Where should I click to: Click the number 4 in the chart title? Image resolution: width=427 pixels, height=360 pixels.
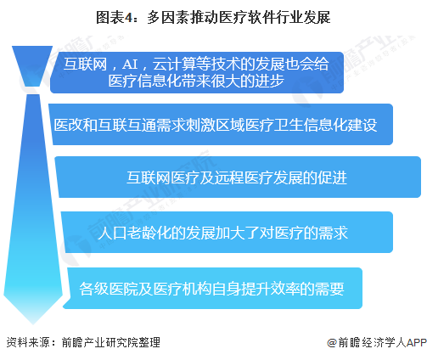pyautogui.click(x=128, y=18)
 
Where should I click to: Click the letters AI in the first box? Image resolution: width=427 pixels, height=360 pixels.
pyautogui.click(x=130, y=65)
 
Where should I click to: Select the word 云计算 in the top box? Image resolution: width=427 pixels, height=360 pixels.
pyautogui.click(x=175, y=65)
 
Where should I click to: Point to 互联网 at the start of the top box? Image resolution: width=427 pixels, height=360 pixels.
pyautogui.click(x=86, y=65)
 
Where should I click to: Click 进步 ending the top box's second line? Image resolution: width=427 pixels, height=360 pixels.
pyautogui.click(x=269, y=81)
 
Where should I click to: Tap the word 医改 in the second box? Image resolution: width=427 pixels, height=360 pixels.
pyautogui.click(x=69, y=125)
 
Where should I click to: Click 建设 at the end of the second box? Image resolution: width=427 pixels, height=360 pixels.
pyautogui.click(x=362, y=125)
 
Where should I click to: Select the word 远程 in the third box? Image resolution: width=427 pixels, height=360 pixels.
pyautogui.click(x=229, y=177)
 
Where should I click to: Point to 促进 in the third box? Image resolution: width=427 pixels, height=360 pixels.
pyautogui.click(x=332, y=177)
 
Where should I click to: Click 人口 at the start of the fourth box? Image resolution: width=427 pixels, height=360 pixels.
pyautogui.click(x=112, y=233)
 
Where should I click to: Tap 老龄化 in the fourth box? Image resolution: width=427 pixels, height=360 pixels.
pyautogui.click(x=149, y=233)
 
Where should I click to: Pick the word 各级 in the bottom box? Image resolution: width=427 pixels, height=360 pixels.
pyautogui.click(x=94, y=289)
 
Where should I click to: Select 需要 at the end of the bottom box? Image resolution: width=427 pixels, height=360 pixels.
pyautogui.click(x=329, y=289)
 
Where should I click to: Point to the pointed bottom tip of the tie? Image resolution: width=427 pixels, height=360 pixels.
pyautogui.click(x=33, y=323)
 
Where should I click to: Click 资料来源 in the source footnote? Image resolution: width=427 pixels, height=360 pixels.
pyautogui.click(x=28, y=342)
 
